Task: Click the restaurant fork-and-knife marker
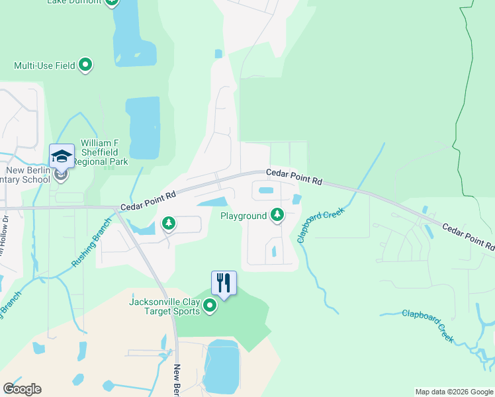pos(224,283)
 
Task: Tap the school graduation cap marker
pos(61,156)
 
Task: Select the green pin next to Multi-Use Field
pos(85,65)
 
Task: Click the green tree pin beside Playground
pos(277,214)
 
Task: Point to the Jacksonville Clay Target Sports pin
pos(210,305)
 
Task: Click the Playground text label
pos(243,216)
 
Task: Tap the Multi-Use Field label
pos(44,66)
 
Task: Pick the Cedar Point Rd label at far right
pos(468,236)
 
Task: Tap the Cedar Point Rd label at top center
pos(294,176)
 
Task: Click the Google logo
pos(22,389)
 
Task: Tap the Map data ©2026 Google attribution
pos(454,392)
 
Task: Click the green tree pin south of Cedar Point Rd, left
pos(169,223)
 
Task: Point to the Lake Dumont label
pos(74,2)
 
